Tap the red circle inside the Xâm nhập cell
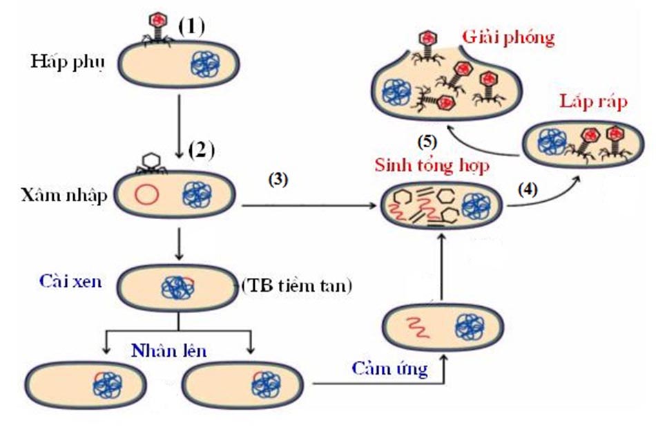[146, 196]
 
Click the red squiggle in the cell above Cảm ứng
[418, 325]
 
